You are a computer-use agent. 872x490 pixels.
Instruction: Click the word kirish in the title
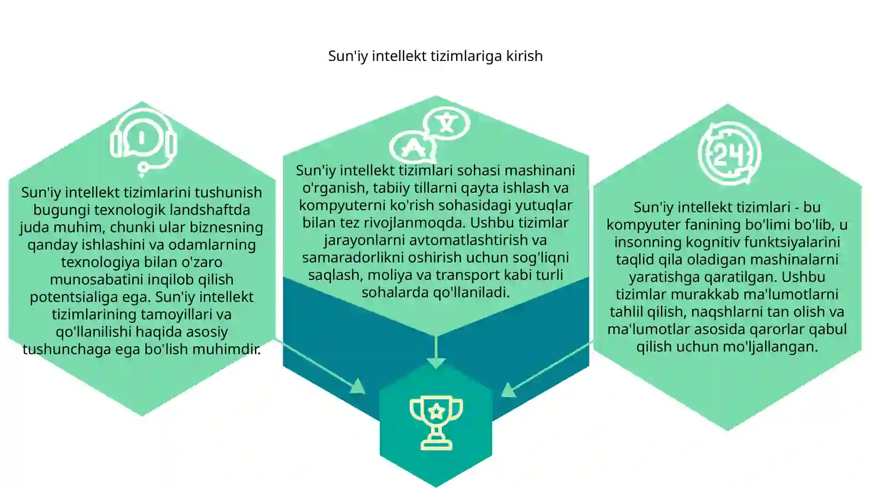click(x=524, y=56)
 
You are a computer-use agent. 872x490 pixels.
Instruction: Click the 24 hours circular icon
click(x=730, y=153)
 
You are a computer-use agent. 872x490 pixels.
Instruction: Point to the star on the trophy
click(x=437, y=411)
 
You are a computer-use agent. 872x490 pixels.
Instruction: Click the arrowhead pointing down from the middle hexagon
click(x=436, y=363)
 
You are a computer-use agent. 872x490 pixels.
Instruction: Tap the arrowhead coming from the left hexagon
click(x=358, y=387)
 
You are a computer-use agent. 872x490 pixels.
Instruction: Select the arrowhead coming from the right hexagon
click(x=508, y=390)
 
